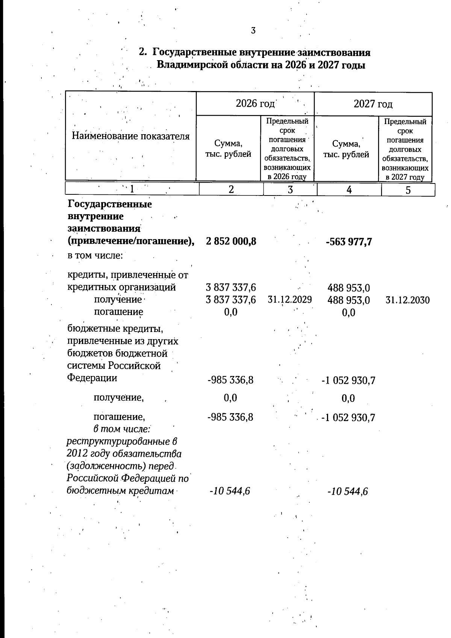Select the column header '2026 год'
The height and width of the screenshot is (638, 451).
tap(255, 103)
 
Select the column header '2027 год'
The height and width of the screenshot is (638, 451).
tap(373, 104)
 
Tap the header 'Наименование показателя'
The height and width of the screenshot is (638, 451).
tap(130, 136)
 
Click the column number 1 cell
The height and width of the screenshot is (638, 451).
tap(132, 189)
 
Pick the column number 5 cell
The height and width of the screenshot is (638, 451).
tap(408, 190)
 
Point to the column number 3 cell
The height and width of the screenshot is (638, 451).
tap(290, 189)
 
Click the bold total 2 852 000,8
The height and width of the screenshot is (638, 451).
tap(231, 241)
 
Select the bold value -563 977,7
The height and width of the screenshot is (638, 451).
tap(349, 241)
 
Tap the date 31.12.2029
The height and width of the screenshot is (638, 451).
tap(290, 300)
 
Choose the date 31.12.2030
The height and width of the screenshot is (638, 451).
tap(408, 300)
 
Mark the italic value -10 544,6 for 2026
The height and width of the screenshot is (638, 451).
tap(230, 491)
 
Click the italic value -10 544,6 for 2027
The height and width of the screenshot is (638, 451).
tap(348, 491)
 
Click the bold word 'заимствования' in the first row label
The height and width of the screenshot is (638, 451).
tap(104, 229)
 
